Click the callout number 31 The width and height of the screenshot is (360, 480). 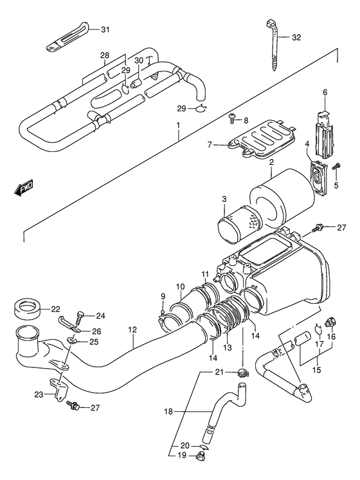click(105, 29)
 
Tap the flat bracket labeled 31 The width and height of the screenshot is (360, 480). click(69, 39)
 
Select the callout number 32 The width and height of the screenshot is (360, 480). click(295, 38)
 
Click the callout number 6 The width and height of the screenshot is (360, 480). click(325, 93)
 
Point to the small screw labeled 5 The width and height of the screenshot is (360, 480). click(337, 169)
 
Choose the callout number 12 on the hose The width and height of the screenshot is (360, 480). click(132, 330)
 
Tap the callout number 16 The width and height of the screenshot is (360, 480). click(332, 337)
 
